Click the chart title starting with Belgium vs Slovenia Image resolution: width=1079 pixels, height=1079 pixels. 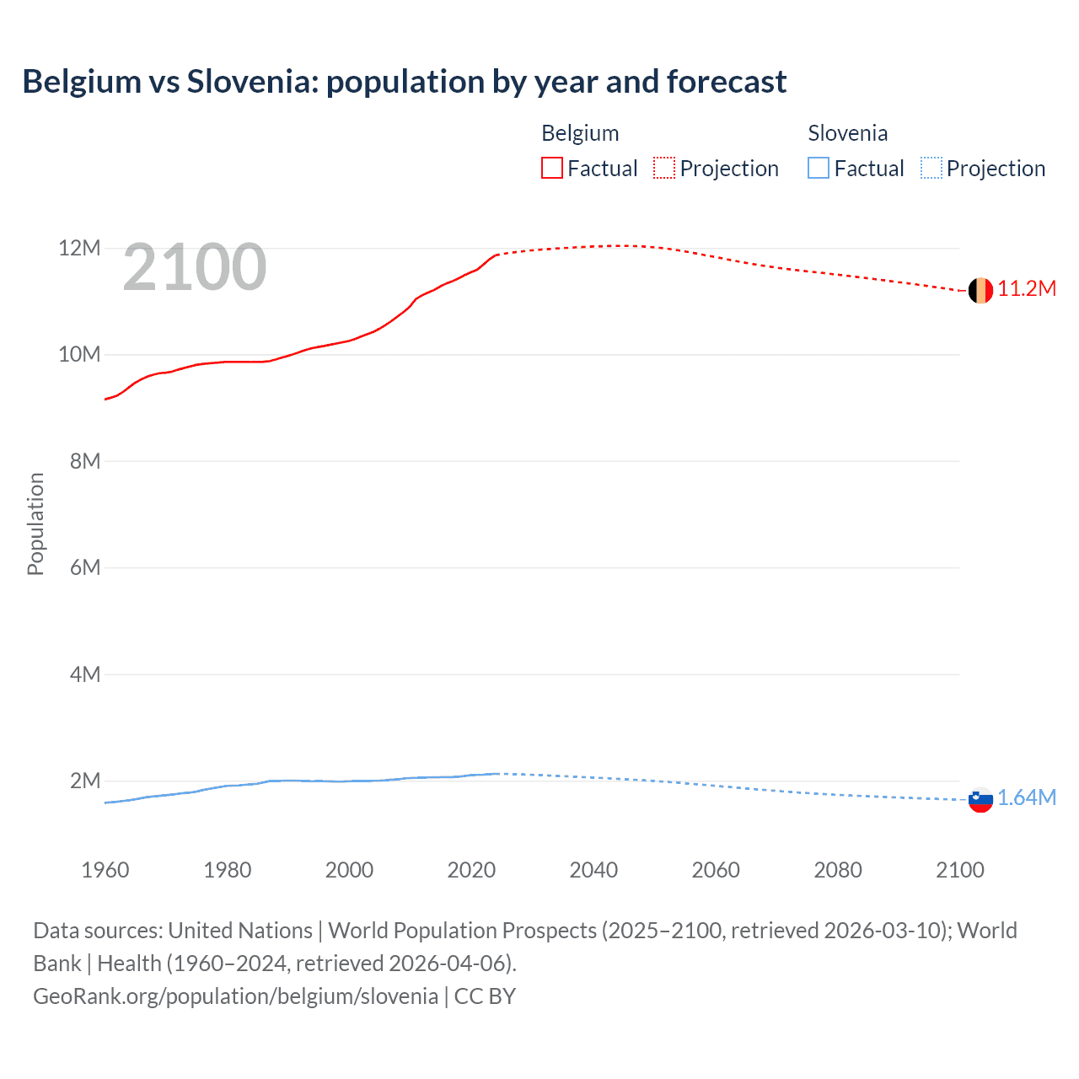(404, 82)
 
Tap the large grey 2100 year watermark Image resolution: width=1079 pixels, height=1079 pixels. (195, 267)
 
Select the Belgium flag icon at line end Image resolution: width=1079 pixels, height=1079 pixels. (980, 291)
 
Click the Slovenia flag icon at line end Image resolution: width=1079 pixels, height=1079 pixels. (980, 799)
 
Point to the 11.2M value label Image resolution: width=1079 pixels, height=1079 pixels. (1027, 289)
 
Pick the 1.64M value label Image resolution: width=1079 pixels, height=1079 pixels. (1027, 797)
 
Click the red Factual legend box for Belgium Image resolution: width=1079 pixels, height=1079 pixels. (552, 169)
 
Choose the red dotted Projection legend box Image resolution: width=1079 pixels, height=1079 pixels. (664, 169)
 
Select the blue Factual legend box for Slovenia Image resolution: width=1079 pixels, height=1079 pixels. (819, 169)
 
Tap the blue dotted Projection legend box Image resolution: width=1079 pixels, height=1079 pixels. (931, 169)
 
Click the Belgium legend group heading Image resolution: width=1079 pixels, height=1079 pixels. (580, 133)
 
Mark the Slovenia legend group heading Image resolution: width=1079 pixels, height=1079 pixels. (847, 133)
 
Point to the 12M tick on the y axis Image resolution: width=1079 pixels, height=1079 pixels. (79, 249)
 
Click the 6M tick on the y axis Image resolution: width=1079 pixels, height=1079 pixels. (84, 567)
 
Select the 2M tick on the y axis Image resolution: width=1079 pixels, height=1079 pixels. (84, 781)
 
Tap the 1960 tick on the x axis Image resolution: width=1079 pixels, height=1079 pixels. (105, 870)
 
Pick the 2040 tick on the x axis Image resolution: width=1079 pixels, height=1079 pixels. (593, 870)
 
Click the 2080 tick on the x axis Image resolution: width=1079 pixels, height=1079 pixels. (838, 870)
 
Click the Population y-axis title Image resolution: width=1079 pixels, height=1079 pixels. (35, 523)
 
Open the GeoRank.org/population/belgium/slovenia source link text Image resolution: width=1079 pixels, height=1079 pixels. (235, 996)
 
